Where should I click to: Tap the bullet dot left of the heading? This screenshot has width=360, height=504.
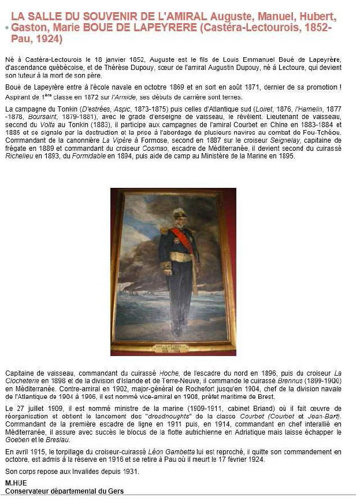click(6, 28)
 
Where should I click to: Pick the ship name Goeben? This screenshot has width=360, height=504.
click(18, 441)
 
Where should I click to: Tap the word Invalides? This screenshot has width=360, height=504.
click(76, 472)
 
